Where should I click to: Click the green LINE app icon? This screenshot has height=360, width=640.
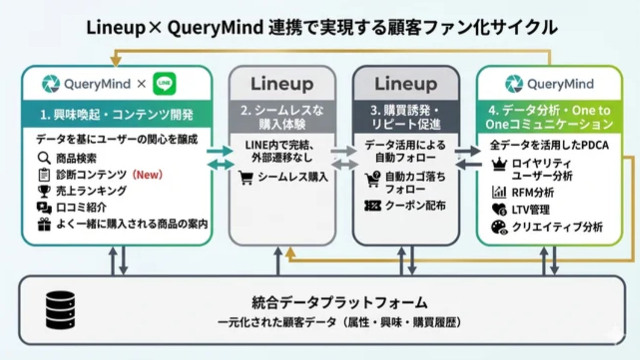point(164,83)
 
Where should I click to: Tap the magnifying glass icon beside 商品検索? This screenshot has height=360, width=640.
point(44,158)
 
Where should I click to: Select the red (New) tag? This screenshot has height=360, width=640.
point(147,174)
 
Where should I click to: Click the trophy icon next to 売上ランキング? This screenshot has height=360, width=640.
point(44,191)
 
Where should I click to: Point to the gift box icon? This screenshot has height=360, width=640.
point(44,224)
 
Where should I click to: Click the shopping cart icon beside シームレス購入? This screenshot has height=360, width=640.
point(246,177)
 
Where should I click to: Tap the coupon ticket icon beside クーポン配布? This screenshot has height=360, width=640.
point(372,206)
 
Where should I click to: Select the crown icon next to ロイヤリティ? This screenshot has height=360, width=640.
point(499,164)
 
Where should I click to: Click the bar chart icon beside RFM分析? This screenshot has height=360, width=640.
point(499,192)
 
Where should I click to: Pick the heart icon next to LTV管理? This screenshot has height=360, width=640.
point(499,210)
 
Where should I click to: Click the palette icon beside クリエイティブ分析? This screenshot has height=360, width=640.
point(499,227)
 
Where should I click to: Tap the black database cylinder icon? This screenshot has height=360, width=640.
point(60,310)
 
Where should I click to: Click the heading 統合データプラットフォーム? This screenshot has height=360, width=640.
point(339,303)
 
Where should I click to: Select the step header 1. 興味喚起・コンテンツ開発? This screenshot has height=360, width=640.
point(117,115)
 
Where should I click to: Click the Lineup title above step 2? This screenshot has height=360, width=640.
point(282,84)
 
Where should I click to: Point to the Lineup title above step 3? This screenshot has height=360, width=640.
point(406,84)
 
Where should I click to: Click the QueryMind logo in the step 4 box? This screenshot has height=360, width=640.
point(549,84)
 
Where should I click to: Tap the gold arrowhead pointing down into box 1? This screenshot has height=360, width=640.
point(116,62)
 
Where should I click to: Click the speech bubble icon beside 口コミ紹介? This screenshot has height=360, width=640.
point(44,208)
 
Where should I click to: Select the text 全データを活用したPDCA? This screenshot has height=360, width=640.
point(549,145)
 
